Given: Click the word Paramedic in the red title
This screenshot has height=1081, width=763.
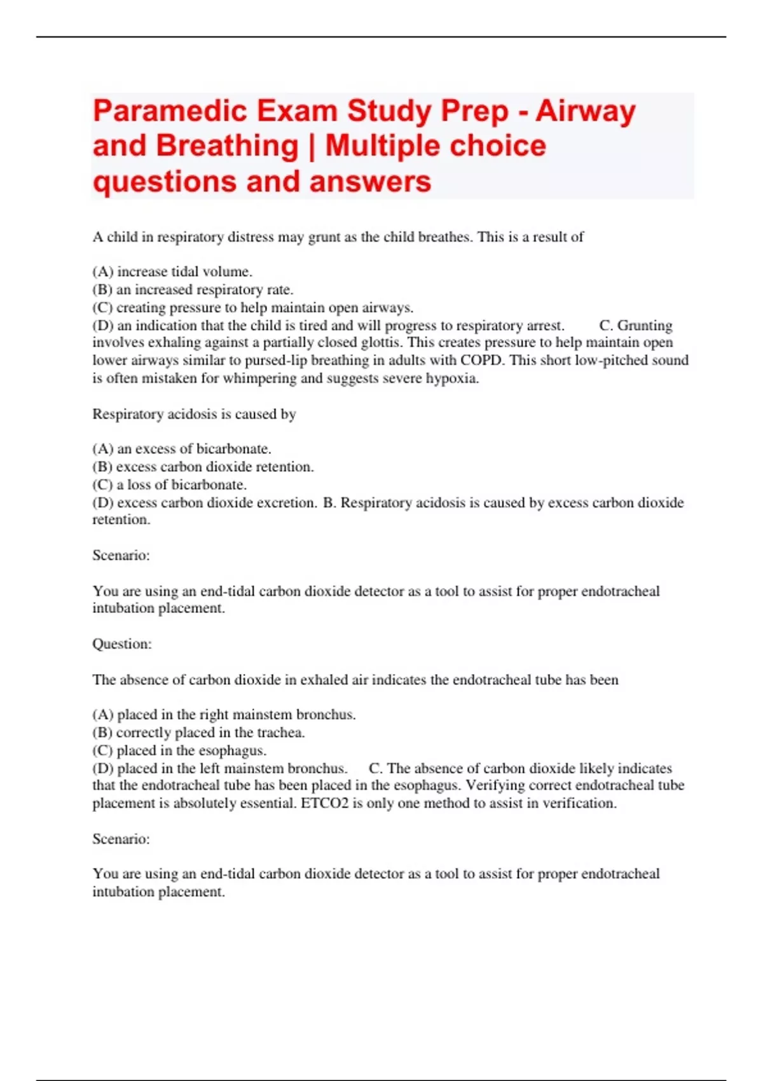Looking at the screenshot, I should click(x=170, y=111).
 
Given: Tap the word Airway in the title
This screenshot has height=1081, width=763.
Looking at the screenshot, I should click(x=585, y=111).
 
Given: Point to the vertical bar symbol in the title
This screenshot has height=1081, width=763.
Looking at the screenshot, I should click(x=312, y=146).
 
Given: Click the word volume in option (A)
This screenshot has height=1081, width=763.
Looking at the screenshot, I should click(x=226, y=272).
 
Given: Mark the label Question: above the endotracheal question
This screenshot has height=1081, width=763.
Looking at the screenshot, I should click(x=122, y=644).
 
